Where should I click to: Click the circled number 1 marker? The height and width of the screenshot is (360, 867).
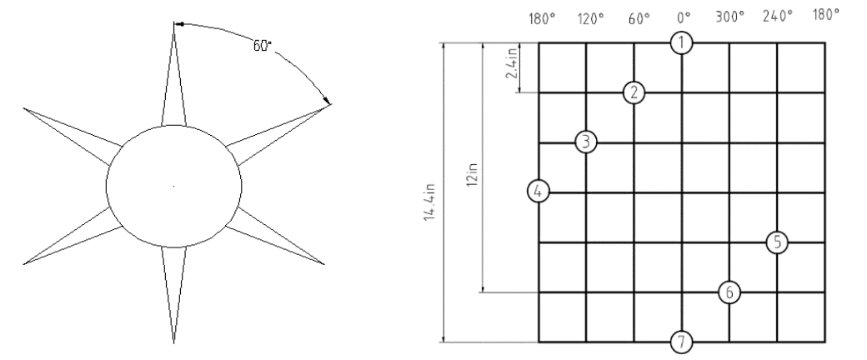coord(681,43)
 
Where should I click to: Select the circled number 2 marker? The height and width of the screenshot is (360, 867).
coord(634,92)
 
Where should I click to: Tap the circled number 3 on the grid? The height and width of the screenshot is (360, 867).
coord(586,142)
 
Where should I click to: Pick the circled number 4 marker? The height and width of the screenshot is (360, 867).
coord(539,192)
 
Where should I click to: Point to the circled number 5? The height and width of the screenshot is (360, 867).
coord(777,242)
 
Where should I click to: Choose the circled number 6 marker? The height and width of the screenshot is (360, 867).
coord(729,292)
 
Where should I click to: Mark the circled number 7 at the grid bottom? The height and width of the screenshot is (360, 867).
coord(681,342)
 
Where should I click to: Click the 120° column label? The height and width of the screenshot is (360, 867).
coord(590,19)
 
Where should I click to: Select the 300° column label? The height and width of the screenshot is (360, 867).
coord(730,17)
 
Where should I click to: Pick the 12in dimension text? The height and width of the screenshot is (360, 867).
coord(472,174)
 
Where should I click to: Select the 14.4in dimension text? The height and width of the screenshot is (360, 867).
coord(430,202)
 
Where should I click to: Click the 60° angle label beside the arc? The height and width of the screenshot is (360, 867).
coord(263,46)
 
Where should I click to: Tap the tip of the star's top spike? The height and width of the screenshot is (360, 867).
coord(174,23)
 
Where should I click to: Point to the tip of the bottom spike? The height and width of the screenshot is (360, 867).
coord(174,342)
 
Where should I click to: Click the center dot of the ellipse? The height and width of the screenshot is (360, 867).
coord(174,187)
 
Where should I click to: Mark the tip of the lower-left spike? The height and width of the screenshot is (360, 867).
coord(24,264)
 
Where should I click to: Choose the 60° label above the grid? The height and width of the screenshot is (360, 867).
coord(639,19)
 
